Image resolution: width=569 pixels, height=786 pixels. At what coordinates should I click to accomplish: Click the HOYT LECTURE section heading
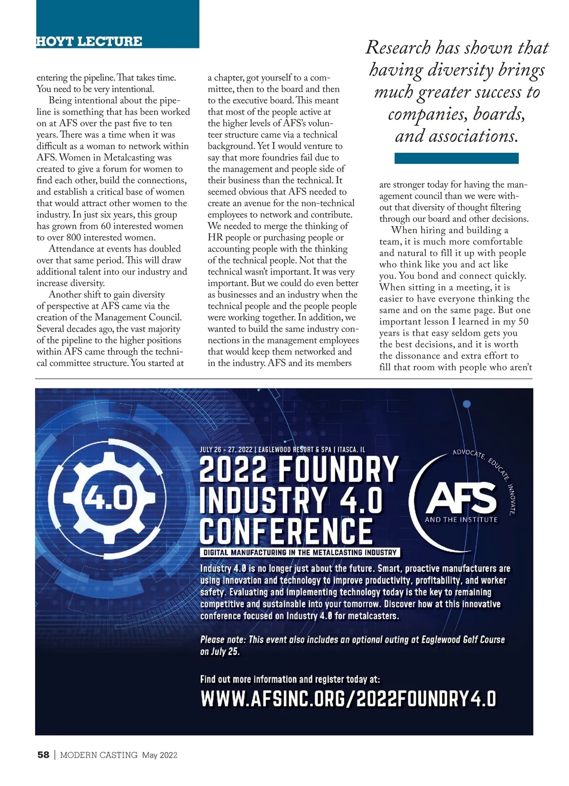click(89, 41)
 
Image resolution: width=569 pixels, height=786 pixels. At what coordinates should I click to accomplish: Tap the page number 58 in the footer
click(43, 755)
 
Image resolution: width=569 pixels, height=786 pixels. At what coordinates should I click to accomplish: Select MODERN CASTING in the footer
click(99, 755)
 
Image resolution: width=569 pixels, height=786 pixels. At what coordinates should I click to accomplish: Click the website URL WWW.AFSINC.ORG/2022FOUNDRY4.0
click(348, 699)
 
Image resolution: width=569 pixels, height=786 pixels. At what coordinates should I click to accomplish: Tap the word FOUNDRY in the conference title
click(338, 469)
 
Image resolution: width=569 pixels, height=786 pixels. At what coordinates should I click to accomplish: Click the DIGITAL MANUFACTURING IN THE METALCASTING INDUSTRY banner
click(300, 553)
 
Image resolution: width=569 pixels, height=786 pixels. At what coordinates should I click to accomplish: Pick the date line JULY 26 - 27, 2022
click(226, 449)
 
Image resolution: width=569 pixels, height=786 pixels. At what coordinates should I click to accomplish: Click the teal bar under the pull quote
click(456, 158)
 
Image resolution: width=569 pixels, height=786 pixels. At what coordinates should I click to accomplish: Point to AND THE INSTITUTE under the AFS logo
click(461, 519)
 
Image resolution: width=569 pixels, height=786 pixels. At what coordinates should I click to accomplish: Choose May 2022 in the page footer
click(159, 755)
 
